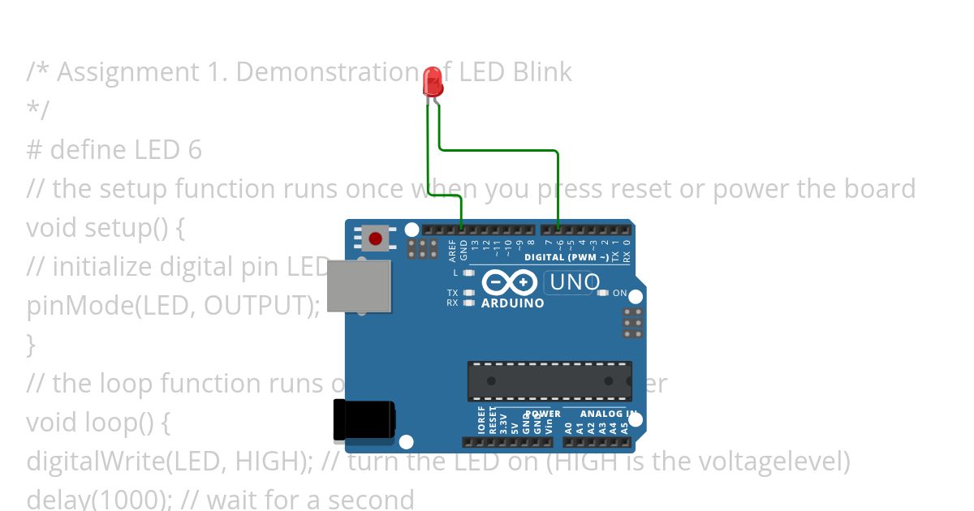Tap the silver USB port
(359, 286)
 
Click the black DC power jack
(364, 421)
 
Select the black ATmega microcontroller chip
(549, 381)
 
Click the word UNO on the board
(575, 282)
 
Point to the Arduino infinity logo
(509, 282)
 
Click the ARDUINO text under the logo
(512, 303)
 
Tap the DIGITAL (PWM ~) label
(566, 257)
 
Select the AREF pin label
(452, 249)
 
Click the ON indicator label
(619, 293)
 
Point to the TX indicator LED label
(452, 293)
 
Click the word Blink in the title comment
(542, 72)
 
